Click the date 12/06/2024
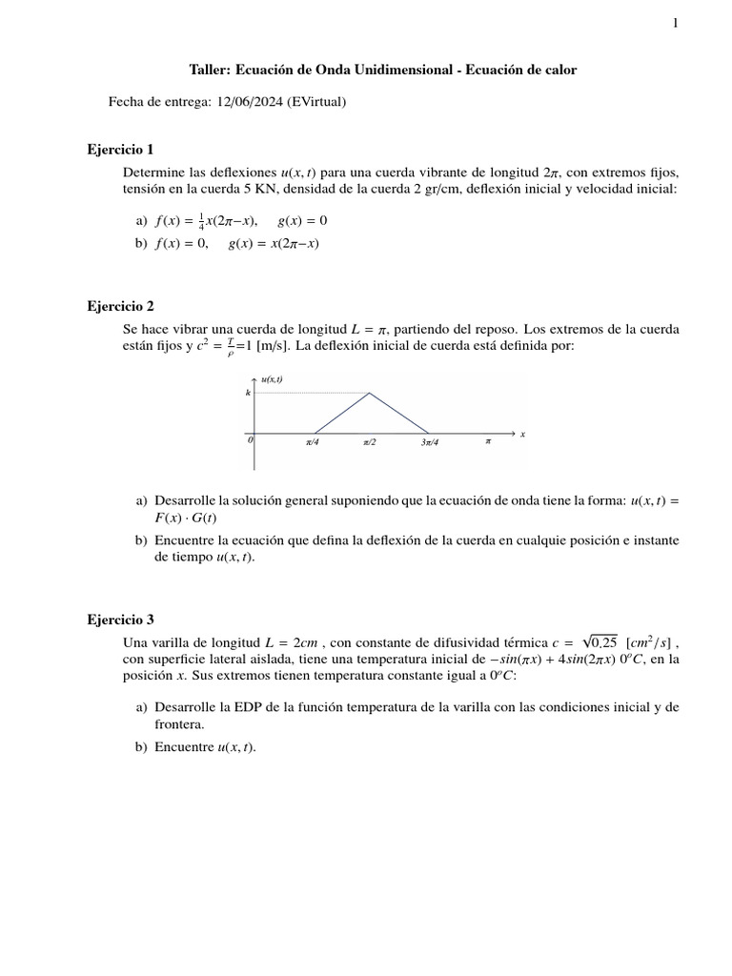[x=247, y=102]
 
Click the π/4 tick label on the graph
[x=313, y=443]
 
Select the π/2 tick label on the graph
[x=370, y=443]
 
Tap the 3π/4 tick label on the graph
[x=428, y=443]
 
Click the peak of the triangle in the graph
[x=370, y=393]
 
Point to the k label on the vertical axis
[x=249, y=393]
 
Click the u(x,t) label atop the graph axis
[x=272, y=379]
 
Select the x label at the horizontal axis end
[x=522, y=435]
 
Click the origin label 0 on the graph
[x=250, y=441]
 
